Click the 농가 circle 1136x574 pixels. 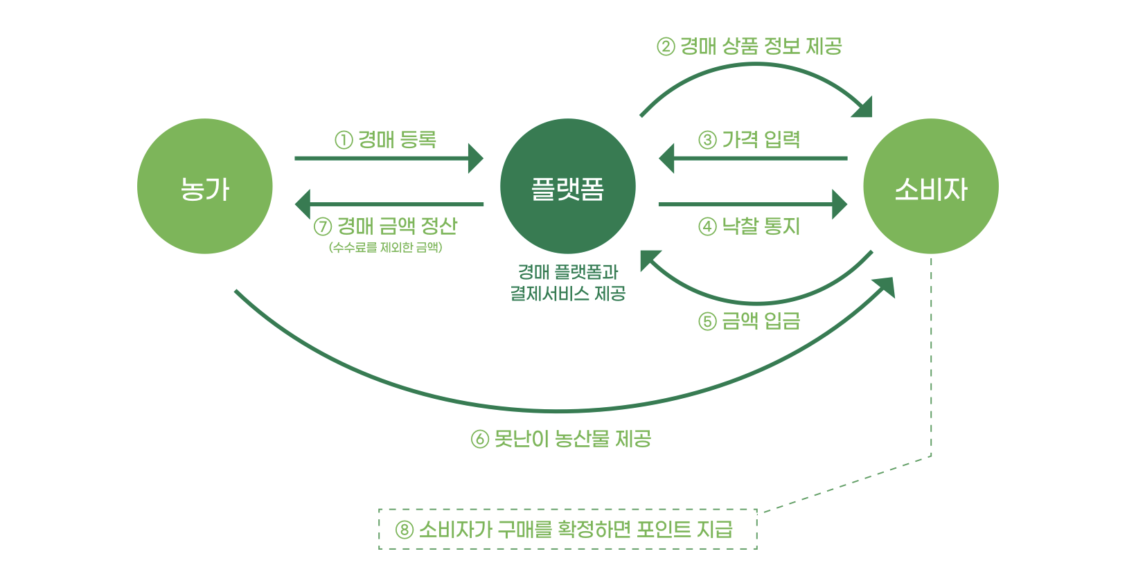click(204, 186)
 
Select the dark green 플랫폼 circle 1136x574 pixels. click(567, 186)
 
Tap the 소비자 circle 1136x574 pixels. click(930, 186)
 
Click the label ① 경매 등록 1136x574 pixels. click(386, 140)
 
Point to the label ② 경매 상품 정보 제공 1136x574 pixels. click(749, 46)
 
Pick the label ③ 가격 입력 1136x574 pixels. click(749, 140)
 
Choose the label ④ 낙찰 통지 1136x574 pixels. click(749, 226)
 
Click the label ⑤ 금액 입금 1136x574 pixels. click(749, 321)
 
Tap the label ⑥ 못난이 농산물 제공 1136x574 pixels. click(561, 439)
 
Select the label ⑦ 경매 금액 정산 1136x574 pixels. click(386, 226)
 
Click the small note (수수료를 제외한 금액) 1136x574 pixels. click(386, 247)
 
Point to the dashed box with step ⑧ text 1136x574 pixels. click(567, 530)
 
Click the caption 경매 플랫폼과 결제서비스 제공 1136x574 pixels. click(567, 282)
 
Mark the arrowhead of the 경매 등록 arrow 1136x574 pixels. click(476, 159)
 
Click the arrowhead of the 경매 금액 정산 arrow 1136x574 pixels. click(303, 204)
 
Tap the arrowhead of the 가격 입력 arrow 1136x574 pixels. click(666, 159)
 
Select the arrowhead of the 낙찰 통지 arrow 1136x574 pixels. click(840, 204)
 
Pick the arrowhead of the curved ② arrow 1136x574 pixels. click(864, 109)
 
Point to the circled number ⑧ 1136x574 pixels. click(405, 530)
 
